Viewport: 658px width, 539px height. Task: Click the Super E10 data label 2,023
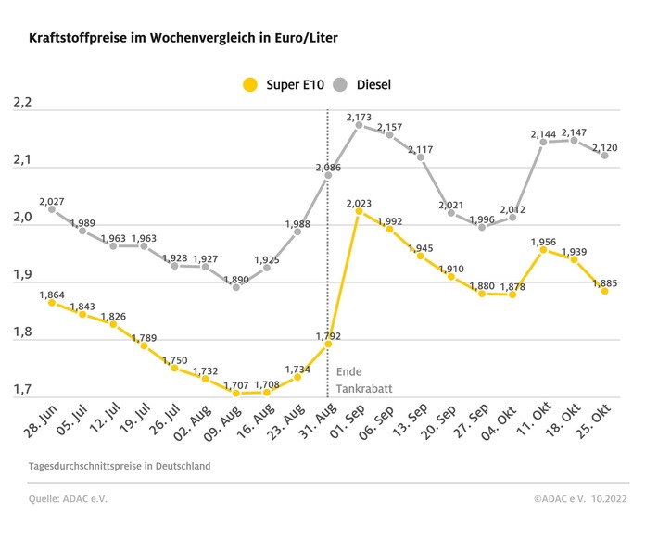pos(360,203)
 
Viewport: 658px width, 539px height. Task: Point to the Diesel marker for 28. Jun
pos(52,209)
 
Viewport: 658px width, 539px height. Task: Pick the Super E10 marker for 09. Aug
pos(236,393)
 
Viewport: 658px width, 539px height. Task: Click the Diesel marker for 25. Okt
pos(604,156)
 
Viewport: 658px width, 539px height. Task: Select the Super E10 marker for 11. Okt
pos(543,249)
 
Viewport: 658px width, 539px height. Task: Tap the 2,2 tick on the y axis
pos(22,103)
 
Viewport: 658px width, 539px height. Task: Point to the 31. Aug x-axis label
pos(315,425)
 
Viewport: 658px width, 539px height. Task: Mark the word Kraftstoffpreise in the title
pos(73,39)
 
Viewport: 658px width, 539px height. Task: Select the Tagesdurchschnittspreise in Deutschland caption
pos(120,466)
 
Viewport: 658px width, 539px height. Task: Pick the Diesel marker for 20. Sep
pos(451,213)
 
